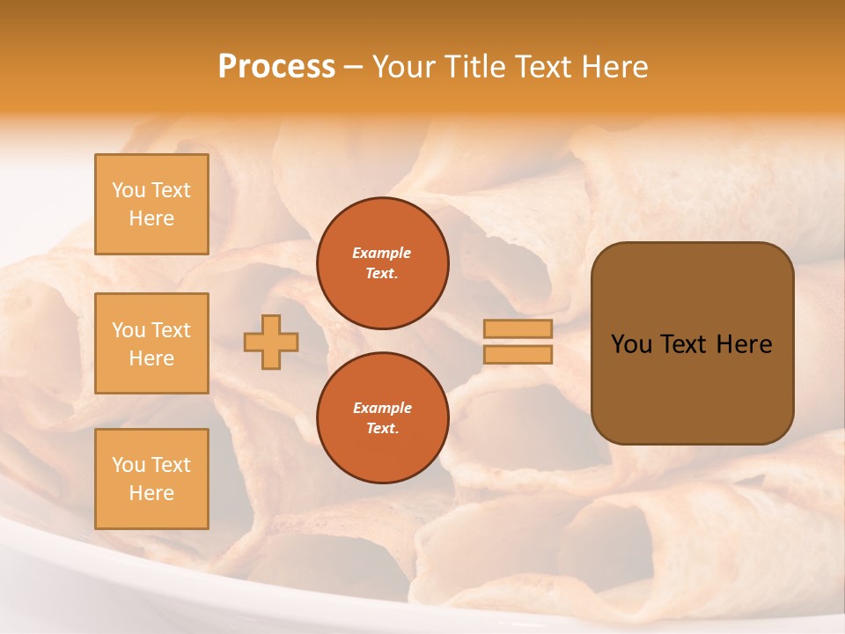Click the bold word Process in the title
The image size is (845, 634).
(x=276, y=67)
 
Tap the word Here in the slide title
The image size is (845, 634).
(x=613, y=67)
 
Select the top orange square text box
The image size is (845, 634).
(x=151, y=204)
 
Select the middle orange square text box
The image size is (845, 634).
(x=151, y=343)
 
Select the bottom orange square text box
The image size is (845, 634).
(x=151, y=478)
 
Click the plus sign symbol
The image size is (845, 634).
(x=271, y=342)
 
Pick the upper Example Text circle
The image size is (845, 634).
(x=383, y=262)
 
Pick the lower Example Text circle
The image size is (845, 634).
(x=383, y=417)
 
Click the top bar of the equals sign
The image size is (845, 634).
(x=518, y=328)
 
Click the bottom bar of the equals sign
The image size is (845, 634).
(x=518, y=355)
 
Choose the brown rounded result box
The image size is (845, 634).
(x=692, y=343)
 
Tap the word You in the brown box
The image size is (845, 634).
(x=630, y=344)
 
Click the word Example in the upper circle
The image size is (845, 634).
(x=381, y=253)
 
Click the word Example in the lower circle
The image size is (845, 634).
(x=381, y=408)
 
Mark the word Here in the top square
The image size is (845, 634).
(x=151, y=218)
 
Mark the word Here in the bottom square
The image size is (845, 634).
(x=151, y=493)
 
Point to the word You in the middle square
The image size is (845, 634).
(x=129, y=330)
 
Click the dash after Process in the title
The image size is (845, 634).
(x=353, y=67)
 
